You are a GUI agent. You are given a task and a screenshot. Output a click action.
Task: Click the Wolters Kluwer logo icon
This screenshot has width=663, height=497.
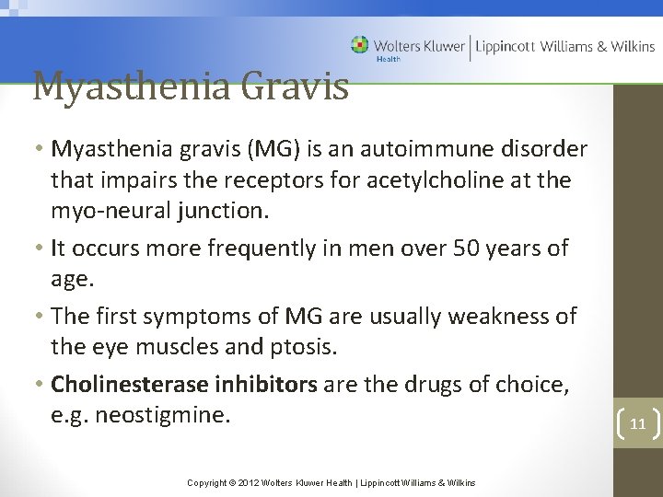tap(359, 44)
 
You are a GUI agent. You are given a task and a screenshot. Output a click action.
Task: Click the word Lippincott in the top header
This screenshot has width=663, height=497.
tap(505, 46)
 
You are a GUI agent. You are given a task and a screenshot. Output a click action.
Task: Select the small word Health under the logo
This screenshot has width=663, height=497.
tap(388, 60)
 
